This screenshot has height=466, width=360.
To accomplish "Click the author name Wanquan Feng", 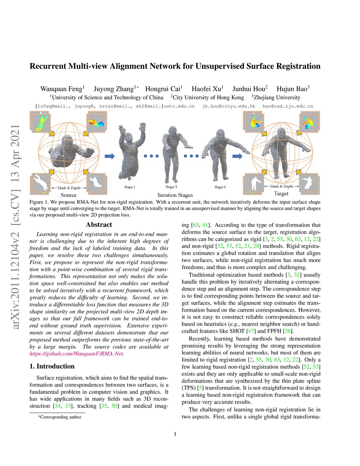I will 62,89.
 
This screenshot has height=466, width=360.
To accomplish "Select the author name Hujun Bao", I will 292,89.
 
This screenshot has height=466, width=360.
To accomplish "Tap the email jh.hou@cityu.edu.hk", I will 229,106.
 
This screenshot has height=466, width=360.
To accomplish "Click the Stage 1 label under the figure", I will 129,187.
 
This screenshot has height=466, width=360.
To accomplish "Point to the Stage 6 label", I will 220,187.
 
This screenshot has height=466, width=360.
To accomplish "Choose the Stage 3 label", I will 171,187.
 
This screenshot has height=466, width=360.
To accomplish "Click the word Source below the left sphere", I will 68,195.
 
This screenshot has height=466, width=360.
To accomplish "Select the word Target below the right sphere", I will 281,194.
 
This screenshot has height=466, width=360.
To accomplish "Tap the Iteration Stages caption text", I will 175,195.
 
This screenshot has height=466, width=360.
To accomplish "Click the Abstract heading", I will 99,225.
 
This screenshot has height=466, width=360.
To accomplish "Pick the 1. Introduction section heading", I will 52,366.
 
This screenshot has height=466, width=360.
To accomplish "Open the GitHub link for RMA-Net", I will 76,354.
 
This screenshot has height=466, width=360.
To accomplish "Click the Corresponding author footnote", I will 60,417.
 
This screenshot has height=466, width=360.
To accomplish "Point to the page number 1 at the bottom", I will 175,434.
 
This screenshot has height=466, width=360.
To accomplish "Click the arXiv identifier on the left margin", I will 15,227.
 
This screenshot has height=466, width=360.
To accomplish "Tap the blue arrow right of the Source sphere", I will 110,156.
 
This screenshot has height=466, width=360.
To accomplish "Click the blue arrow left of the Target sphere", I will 237,156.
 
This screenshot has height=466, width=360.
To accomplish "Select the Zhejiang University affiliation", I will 276,97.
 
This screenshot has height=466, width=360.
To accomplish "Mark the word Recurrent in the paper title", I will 48,66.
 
